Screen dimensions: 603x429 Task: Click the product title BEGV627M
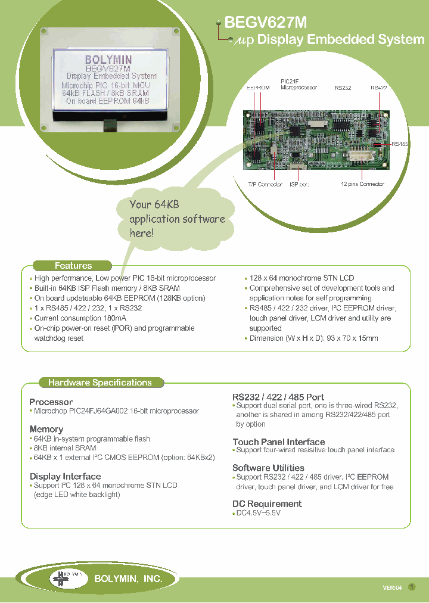pos(265,23)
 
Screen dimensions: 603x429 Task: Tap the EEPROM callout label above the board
pos(258,88)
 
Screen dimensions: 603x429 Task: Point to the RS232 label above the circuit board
pos(343,88)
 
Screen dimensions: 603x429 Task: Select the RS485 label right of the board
pos(400,144)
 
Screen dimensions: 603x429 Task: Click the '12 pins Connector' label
pos(362,184)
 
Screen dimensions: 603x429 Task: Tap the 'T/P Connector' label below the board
pos(265,184)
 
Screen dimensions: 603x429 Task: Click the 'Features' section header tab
pos(73,266)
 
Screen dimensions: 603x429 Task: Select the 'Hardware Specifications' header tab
pos(100,383)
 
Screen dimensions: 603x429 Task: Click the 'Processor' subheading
pos(51,402)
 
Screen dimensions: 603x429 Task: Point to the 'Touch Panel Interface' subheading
pos(278,442)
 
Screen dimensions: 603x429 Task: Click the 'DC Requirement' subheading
pos(266,503)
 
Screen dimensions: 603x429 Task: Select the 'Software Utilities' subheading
pos(268,468)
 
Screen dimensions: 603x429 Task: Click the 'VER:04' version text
pos(392,588)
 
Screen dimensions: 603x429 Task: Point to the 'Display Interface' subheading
pos(65,476)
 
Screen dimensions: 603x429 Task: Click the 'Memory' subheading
pos(46,429)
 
